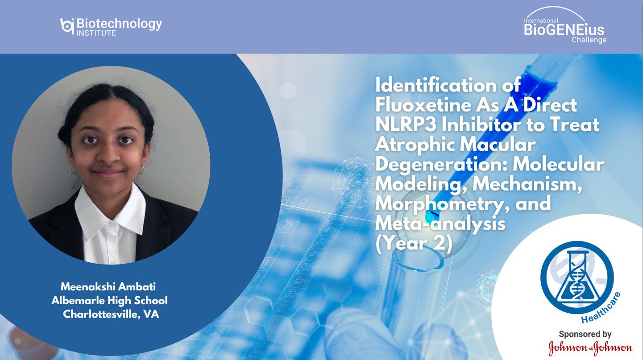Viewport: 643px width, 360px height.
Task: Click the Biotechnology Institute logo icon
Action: [67, 26]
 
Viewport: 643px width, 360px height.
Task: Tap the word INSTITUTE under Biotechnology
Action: [96, 33]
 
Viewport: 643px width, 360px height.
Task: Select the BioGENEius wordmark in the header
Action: [564, 29]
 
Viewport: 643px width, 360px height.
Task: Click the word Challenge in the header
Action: [589, 40]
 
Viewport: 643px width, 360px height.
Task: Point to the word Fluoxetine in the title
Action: [423, 105]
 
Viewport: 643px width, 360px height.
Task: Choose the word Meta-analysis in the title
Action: [440, 224]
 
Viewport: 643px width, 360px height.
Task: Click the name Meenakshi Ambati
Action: [108, 286]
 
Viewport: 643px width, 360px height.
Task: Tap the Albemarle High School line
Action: [109, 300]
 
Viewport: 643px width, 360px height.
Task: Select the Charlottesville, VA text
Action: [111, 314]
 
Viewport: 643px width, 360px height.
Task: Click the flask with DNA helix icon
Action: [577, 277]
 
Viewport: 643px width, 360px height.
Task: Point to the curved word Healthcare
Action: [601, 308]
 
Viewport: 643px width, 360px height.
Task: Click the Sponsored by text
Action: [585, 334]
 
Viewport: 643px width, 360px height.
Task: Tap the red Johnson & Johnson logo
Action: [590, 348]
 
